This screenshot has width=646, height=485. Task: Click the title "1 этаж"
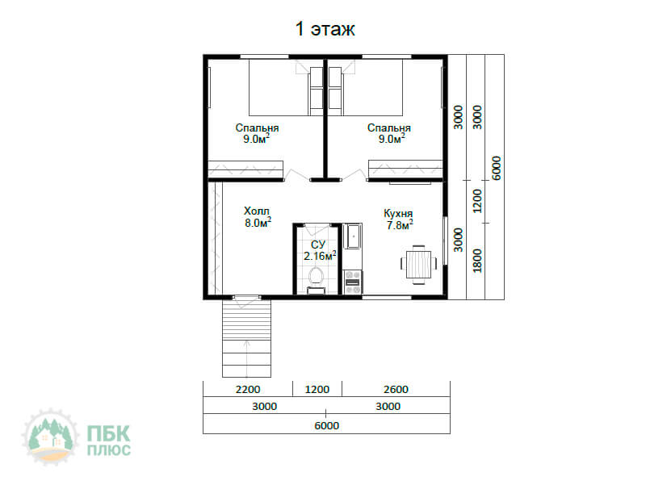325,29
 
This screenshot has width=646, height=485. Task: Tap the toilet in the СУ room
316,281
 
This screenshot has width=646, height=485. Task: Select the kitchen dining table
418,265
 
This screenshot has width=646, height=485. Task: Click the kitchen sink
352,236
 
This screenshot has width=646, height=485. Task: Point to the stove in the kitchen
353,282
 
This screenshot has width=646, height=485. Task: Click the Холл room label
257,211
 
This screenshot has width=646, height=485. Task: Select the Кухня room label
398,214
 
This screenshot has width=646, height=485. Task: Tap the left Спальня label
257,128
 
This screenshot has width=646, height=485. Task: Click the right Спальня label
389,128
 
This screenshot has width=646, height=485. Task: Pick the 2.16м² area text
320,256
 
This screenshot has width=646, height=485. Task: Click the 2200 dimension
248,390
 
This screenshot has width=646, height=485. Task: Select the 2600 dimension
396,390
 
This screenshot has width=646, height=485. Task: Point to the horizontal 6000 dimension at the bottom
327,425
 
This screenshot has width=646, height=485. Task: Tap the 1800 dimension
477,260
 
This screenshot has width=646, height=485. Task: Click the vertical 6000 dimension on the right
497,168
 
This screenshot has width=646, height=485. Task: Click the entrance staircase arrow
247,358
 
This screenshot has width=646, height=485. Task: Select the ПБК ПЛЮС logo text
109,440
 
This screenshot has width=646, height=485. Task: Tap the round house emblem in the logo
50,437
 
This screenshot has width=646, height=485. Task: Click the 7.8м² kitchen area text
400,225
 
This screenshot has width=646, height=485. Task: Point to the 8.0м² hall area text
258,223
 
